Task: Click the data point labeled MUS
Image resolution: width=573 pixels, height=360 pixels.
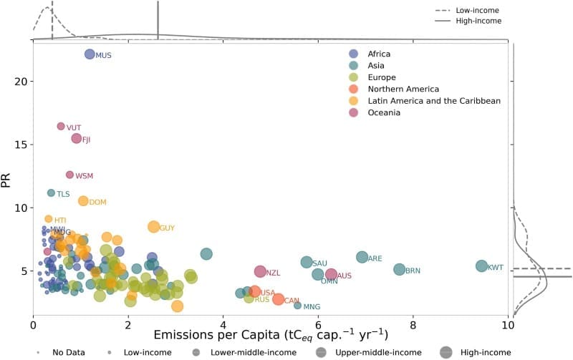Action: coord(90,54)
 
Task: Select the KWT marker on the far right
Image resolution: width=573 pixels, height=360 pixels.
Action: coord(481,266)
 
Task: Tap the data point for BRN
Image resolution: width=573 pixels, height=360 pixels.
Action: coord(399,270)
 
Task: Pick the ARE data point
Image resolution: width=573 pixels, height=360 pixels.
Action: coord(362,257)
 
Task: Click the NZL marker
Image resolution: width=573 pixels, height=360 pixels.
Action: coord(260,272)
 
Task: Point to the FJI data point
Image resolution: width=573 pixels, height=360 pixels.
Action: coord(76,138)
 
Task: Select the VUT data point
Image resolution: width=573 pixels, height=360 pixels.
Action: coord(61,126)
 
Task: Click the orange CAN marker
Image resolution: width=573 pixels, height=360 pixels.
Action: coord(278,299)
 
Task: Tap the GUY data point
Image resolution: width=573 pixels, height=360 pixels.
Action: coord(153,227)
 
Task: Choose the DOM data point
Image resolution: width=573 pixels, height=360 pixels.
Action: coord(83,201)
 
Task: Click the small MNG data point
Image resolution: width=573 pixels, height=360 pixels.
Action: coord(297,306)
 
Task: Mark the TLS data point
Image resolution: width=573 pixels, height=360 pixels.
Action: coord(51,193)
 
